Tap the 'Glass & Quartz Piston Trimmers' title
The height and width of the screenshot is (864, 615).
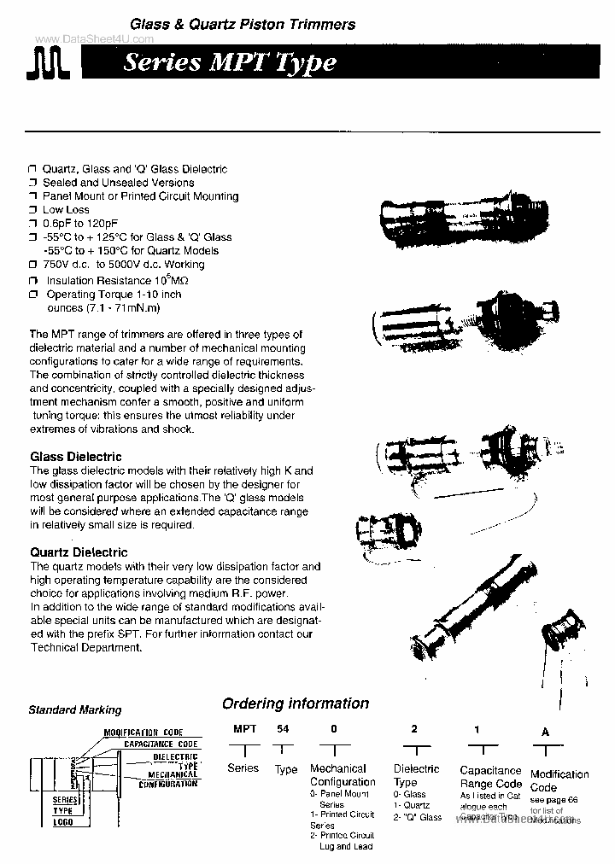pos(243,25)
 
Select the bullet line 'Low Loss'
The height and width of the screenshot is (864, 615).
pos(66,209)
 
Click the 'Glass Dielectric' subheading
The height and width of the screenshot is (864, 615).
pos(76,457)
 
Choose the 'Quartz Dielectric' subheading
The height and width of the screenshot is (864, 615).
pos(79,552)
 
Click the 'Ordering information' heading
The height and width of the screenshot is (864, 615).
pos(296,703)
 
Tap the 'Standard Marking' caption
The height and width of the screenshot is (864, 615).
pos(75,709)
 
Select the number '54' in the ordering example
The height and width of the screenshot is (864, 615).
pos(283,728)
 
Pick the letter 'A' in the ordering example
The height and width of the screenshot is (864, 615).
pos(547,730)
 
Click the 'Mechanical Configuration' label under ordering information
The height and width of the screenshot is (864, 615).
pos(343,775)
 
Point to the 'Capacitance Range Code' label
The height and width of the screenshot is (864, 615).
pos(490,777)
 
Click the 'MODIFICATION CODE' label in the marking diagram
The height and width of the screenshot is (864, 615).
pos(144,733)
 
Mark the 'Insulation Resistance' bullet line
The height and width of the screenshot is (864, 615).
pos(111,280)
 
